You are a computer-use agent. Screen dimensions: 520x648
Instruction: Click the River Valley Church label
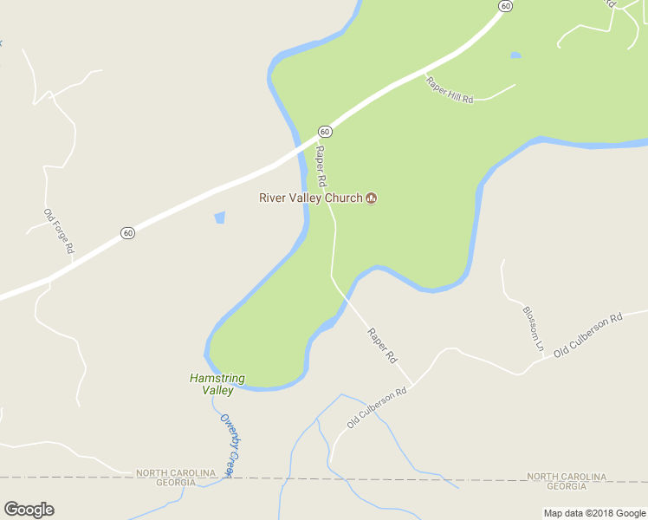click(310, 198)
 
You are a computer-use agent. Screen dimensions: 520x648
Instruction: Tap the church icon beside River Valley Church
click(372, 198)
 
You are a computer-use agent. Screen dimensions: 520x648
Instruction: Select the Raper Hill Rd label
click(450, 90)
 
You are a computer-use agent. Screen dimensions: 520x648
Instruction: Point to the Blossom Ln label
click(533, 328)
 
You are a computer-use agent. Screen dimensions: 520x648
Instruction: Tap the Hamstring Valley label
click(217, 384)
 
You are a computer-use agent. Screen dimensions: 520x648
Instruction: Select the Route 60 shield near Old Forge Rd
click(127, 232)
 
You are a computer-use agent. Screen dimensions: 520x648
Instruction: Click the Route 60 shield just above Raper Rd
click(324, 131)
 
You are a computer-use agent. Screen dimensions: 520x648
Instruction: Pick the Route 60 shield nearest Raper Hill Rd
click(506, 6)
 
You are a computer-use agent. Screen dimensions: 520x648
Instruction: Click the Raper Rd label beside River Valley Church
click(321, 166)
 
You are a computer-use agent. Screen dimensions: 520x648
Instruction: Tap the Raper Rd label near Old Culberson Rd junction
click(382, 345)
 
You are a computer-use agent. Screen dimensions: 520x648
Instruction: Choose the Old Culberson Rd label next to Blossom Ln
click(588, 334)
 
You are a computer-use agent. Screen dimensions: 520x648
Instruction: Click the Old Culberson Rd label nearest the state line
click(377, 407)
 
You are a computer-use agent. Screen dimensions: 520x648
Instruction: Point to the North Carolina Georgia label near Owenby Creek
click(175, 478)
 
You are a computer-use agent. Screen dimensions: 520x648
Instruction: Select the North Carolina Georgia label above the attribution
click(567, 482)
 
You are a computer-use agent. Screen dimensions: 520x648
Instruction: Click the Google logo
click(29, 510)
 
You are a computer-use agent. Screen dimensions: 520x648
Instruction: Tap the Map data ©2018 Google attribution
click(595, 513)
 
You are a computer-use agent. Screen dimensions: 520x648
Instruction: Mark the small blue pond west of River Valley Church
click(219, 218)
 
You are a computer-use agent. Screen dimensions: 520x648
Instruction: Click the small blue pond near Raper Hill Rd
click(516, 55)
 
